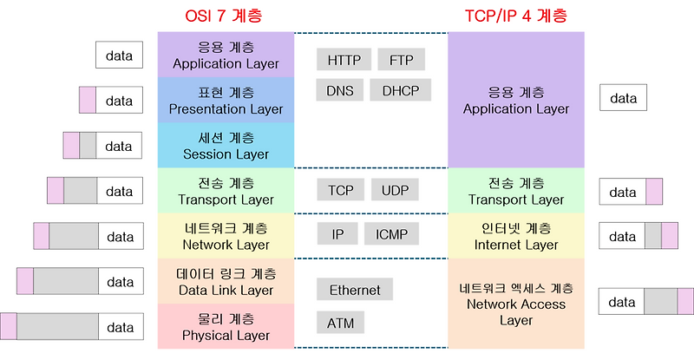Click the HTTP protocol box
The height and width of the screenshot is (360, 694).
(344, 60)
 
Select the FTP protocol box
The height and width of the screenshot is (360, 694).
(402, 60)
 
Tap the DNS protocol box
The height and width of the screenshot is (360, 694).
(339, 90)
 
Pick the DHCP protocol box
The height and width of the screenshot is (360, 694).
(401, 90)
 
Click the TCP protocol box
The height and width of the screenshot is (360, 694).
(340, 190)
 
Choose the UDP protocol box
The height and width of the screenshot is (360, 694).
(395, 190)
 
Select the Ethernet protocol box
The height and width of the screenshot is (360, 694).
(355, 290)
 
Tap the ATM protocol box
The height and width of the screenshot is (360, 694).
(340, 324)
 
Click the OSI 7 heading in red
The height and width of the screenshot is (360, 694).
(224, 16)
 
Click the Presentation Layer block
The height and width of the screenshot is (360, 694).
(226, 100)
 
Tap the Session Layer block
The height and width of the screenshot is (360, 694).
(226, 145)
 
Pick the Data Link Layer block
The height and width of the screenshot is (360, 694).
(226, 280)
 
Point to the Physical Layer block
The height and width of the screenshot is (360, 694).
(226, 325)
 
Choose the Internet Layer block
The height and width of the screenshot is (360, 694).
(516, 235)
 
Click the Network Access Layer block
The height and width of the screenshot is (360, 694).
(516, 303)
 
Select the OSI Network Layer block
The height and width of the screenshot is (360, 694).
(226, 235)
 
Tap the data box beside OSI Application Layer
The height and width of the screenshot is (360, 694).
(119, 56)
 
